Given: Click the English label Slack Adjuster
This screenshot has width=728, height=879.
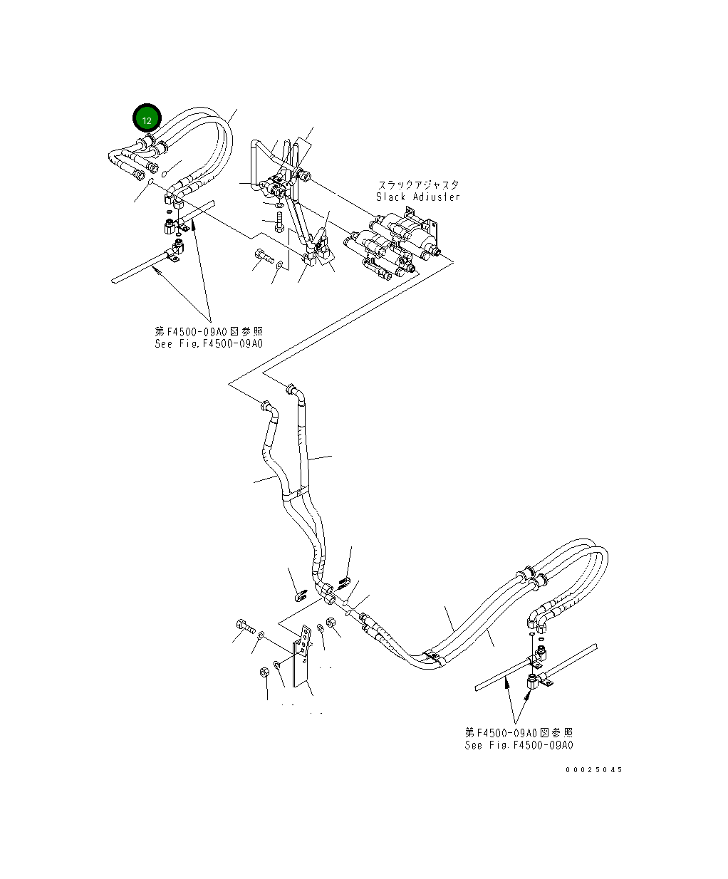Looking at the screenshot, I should pyautogui.click(x=417, y=197).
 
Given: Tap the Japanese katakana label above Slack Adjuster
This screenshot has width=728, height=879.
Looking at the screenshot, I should pyautogui.click(x=417, y=184).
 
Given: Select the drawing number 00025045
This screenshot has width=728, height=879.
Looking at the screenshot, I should pyautogui.click(x=594, y=770).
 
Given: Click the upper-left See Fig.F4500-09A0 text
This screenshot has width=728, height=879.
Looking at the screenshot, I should pyautogui.click(x=209, y=343).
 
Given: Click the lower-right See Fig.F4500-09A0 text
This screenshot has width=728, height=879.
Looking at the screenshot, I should pyautogui.click(x=519, y=745).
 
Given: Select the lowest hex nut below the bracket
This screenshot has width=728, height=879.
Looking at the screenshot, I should pyautogui.click(x=264, y=672).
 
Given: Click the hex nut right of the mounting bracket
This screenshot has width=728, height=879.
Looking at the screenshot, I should pyautogui.click(x=331, y=623).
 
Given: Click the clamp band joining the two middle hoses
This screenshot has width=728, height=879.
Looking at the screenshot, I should pyautogui.click(x=296, y=492).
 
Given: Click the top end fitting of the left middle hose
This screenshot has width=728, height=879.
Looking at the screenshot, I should pyautogui.click(x=266, y=407).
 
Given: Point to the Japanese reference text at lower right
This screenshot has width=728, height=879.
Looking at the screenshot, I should pyautogui.click(x=519, y=732).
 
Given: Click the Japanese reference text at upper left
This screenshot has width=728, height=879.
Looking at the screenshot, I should pyautogui.click(x=209, y=331).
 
